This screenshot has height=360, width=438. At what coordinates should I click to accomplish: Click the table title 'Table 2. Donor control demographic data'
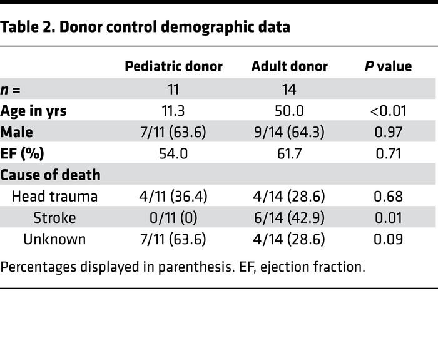point(145,27)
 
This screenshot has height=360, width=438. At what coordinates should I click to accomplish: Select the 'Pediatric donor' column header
point(173,66)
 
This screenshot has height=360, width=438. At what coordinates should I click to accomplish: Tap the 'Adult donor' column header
point(289,66)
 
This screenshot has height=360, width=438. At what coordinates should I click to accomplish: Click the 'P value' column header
point(388,66)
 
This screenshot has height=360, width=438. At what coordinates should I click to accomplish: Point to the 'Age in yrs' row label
point(34,111)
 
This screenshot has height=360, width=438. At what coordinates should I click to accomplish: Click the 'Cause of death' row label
point(51,175)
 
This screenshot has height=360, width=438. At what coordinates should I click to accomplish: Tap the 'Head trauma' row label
point(54,196)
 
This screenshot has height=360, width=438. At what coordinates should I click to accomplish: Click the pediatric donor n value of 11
point(173,90)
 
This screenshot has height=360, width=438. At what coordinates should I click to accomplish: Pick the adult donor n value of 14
point(289,90)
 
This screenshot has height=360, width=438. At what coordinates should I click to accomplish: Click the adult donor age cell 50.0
point(289,111)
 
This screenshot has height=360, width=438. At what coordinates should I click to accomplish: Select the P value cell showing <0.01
point(388,111)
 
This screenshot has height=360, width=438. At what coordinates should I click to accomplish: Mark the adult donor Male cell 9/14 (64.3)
point(289,132)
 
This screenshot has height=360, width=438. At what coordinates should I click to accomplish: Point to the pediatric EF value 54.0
point(173,153)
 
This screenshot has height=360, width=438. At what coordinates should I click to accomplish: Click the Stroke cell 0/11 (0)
point(173,217)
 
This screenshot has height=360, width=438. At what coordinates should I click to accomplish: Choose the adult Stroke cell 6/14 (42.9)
point(289,217)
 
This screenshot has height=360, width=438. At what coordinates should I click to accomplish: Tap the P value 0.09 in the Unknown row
point(388,239)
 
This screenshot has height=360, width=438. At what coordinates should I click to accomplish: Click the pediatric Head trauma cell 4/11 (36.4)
point(173,196)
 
